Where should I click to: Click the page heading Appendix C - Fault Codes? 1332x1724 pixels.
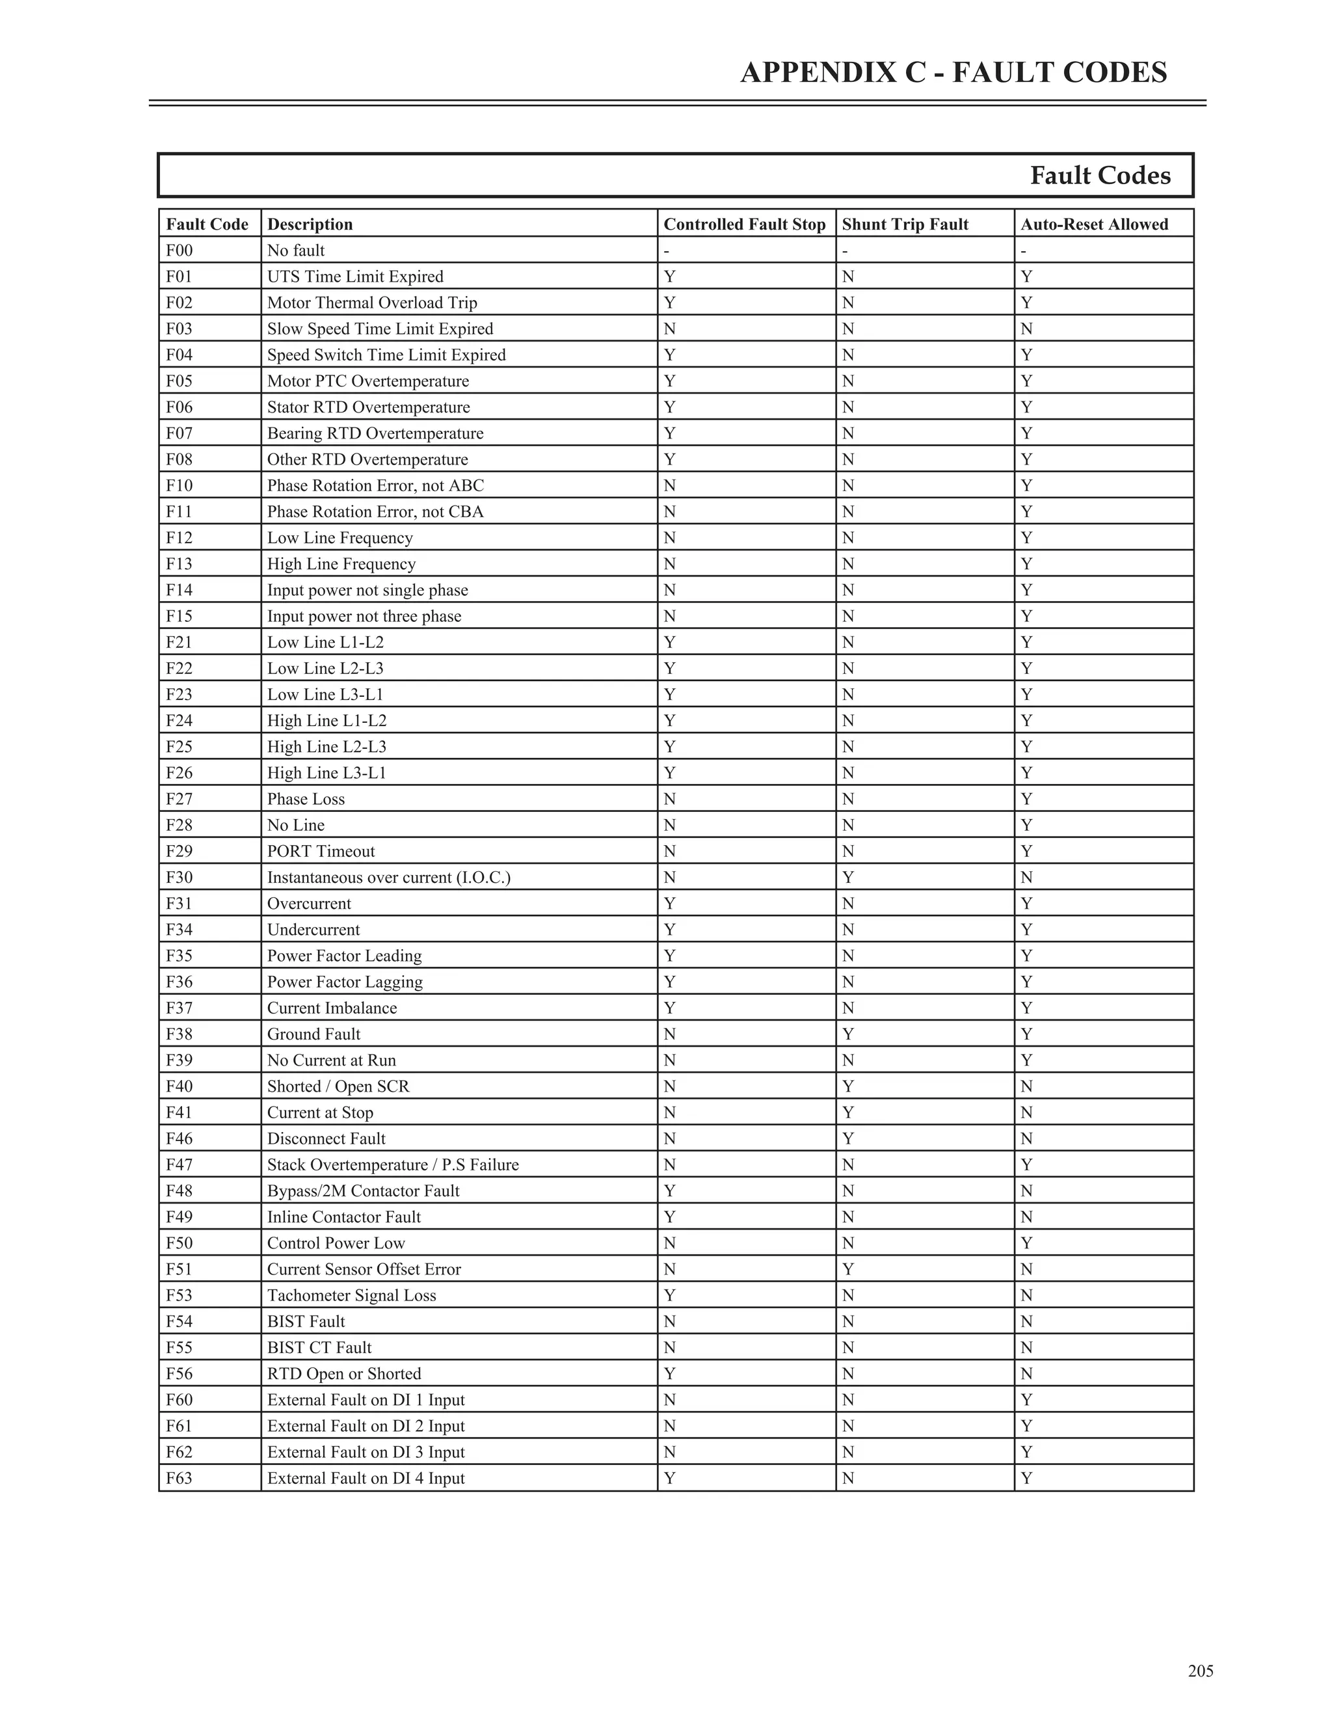[953, 73]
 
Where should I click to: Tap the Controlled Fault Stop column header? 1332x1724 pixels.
[744, 224]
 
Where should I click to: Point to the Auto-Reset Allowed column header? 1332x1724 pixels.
[1094, 224]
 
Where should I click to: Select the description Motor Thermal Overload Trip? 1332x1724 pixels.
[371, 303]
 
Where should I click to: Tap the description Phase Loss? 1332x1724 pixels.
[306, 799]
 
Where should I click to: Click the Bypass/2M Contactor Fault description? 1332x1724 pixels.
[363, 1191]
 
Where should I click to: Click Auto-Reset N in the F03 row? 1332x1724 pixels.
[1026, 329]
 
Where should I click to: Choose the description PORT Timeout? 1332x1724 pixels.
[321, 851]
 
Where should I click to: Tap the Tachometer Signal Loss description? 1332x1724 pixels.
[351, 1295]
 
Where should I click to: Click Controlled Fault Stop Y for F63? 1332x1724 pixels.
[669, 1477]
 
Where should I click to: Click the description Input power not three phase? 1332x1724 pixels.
[364, 615]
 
